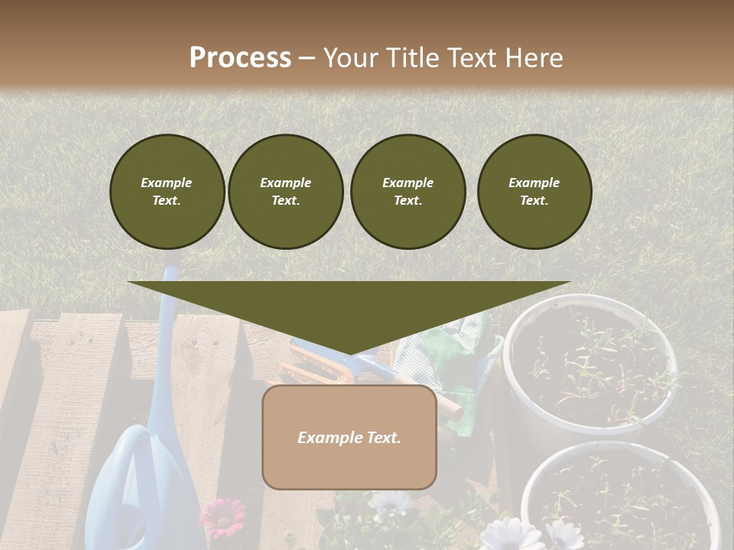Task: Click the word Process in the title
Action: click(x=240, y=57)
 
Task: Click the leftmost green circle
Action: click(x=167, y=192)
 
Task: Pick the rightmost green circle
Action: click(x=534, y=192)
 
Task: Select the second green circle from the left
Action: click(x=285, y=192)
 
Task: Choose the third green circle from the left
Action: click(x=408, y=192)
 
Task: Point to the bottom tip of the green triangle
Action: click(x=349, y=354)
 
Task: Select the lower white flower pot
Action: click(x=619, y=497)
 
